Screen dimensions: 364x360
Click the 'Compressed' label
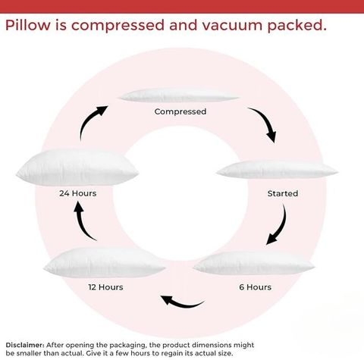pos(180,111)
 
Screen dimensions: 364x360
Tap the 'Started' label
pos(283,193)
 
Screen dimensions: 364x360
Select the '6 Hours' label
pos(256,287)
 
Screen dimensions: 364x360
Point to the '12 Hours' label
pos(105,287)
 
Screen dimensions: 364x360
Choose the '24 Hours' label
pos(78,193)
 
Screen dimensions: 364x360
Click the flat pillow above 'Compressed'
pos(179,95)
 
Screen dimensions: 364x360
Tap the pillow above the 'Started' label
pos(277,170)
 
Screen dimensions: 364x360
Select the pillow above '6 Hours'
pos(254,264)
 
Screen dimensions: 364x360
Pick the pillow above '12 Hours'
pos(105,263)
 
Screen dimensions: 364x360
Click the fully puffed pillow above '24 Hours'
pos(77,167)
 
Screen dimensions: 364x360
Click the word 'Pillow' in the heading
pos(28,26)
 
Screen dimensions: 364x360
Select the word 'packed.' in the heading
pos(297,27)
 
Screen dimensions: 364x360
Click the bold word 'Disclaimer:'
pos(25,345)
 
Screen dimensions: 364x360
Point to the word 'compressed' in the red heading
pos(118,27)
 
